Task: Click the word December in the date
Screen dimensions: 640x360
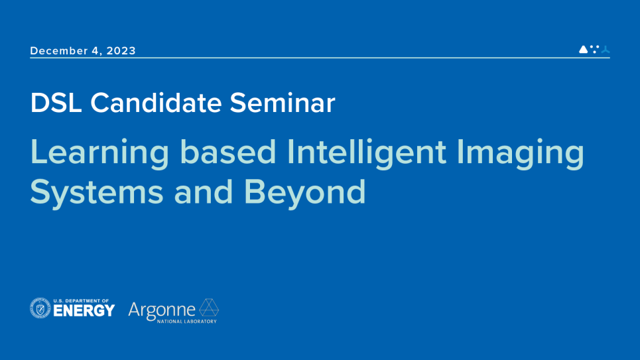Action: point(59,50)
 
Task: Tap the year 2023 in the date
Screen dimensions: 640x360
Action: point(121,50)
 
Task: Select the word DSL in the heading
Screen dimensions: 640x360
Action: point(56,103)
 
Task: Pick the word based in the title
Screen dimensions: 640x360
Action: point(228,152)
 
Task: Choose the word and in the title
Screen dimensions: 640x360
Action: point(204,192)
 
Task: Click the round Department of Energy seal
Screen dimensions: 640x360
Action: point(40,308)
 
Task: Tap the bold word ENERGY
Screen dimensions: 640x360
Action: point(84,311)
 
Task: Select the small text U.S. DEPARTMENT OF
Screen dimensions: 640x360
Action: point(81,301)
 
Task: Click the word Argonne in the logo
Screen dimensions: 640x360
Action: point(162,311)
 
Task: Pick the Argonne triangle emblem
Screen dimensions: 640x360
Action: point(209,308)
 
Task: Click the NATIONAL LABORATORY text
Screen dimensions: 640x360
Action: point(187,322)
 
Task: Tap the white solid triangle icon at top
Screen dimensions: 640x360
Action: point(584,49)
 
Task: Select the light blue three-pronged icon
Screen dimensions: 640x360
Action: point(606,50)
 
